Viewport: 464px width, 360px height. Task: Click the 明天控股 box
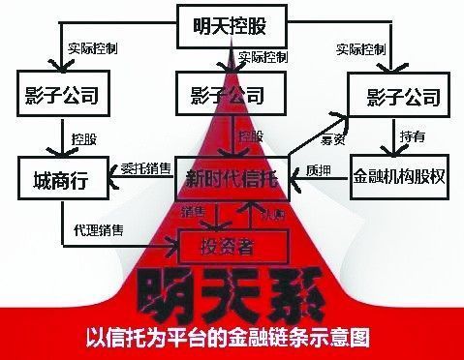tap(232, 26)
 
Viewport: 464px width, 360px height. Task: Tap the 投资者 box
tap(232, 246)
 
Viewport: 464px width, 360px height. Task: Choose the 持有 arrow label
tap(411, 135)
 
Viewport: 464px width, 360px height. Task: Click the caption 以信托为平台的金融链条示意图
tap(232, 339)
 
